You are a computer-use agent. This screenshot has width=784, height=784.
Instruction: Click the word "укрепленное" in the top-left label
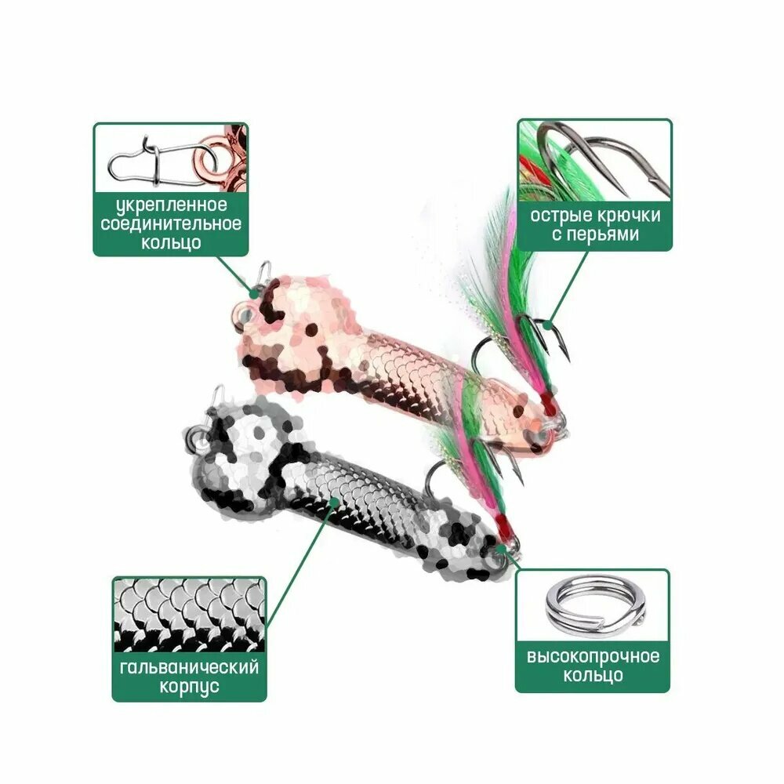[172, 205]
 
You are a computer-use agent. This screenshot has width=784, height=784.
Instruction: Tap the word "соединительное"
[171, 223]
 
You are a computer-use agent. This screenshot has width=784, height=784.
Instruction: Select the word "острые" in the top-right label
[561, 216]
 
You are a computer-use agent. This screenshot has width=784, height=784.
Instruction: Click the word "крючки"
[629, 216]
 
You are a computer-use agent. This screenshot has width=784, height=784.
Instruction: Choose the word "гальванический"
[190, 667]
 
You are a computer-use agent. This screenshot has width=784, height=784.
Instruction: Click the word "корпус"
[190, 686]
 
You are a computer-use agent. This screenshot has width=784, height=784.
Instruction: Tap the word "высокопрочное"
[593, 656]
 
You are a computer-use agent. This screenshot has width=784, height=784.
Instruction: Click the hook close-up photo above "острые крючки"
[594, 161]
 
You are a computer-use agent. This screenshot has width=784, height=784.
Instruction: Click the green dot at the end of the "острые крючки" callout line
[549, 326]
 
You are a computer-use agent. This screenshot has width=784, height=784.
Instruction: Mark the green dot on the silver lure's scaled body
[333, 500]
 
